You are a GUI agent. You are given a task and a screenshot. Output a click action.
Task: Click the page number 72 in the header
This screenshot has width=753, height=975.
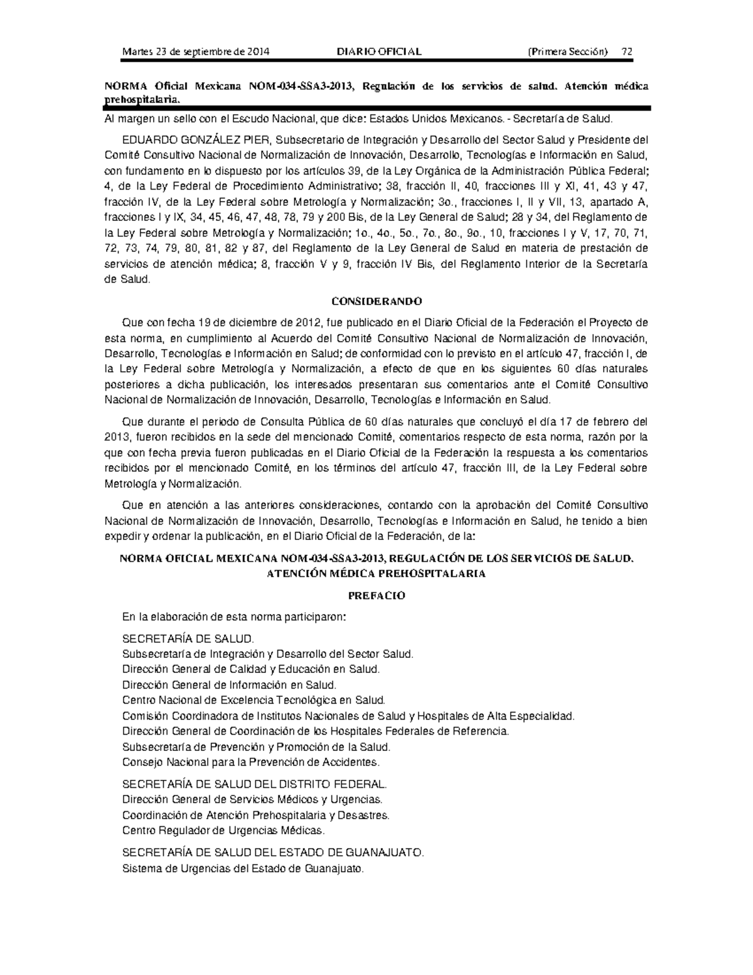(626, 51)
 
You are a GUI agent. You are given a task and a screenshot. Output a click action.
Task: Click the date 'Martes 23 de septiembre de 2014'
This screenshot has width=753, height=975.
(196, 51)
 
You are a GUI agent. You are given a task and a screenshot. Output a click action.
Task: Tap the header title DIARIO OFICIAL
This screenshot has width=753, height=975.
(379, 51)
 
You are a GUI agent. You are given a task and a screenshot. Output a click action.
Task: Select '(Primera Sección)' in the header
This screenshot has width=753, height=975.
(569, 51)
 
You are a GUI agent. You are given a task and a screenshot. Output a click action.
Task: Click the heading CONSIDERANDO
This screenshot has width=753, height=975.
(376, 301)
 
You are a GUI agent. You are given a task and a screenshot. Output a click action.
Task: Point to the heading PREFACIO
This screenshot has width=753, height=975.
(376, 595)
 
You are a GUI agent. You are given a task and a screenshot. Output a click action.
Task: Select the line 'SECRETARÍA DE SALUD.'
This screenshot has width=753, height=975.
(188, 639)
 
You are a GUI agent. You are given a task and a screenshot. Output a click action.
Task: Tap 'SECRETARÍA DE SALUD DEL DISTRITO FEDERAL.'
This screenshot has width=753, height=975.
(255, 784)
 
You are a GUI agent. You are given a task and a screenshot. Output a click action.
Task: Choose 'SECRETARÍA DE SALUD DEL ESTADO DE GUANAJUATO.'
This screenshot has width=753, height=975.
(273, 853)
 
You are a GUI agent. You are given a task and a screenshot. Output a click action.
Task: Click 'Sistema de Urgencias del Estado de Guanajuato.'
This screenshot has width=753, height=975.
(243, 869)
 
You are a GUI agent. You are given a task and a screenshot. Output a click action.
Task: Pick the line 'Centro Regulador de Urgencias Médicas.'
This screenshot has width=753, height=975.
(224, 830)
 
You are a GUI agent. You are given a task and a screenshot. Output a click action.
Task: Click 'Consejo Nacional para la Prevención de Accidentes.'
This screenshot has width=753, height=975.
(251, 762)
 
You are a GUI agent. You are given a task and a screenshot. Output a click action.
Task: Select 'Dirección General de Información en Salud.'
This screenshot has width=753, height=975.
(230, 685)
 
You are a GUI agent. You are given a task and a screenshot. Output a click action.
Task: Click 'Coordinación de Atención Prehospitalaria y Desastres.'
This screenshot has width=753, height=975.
(256, 815)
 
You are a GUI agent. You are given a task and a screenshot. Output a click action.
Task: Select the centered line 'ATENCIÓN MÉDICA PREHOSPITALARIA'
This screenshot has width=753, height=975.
(376, 573)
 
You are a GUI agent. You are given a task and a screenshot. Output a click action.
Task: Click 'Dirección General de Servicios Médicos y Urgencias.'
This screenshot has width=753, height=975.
(252, 799)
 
